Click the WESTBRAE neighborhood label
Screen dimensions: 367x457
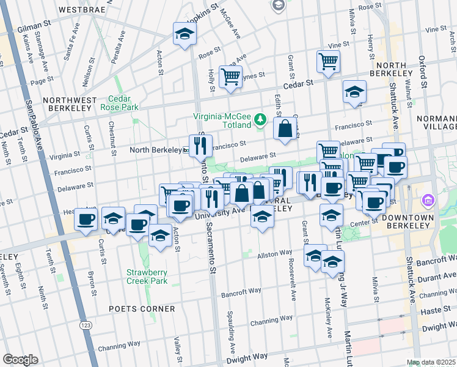[82, 10]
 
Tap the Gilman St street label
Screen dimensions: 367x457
[34, 25]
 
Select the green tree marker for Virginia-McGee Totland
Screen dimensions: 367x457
[261, 119]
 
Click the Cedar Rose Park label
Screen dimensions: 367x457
[124, 103]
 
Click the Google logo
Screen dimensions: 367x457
[20, 360]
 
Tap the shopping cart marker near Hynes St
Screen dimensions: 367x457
[230, 76]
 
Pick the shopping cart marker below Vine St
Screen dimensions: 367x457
[328, 61]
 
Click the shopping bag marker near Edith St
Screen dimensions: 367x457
[285, 128]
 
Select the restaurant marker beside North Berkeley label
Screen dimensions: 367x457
[200, 146]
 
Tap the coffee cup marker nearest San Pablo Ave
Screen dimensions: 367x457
[86, 219]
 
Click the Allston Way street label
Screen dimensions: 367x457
[274, 254]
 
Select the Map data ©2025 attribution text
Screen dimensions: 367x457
[431, 362]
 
